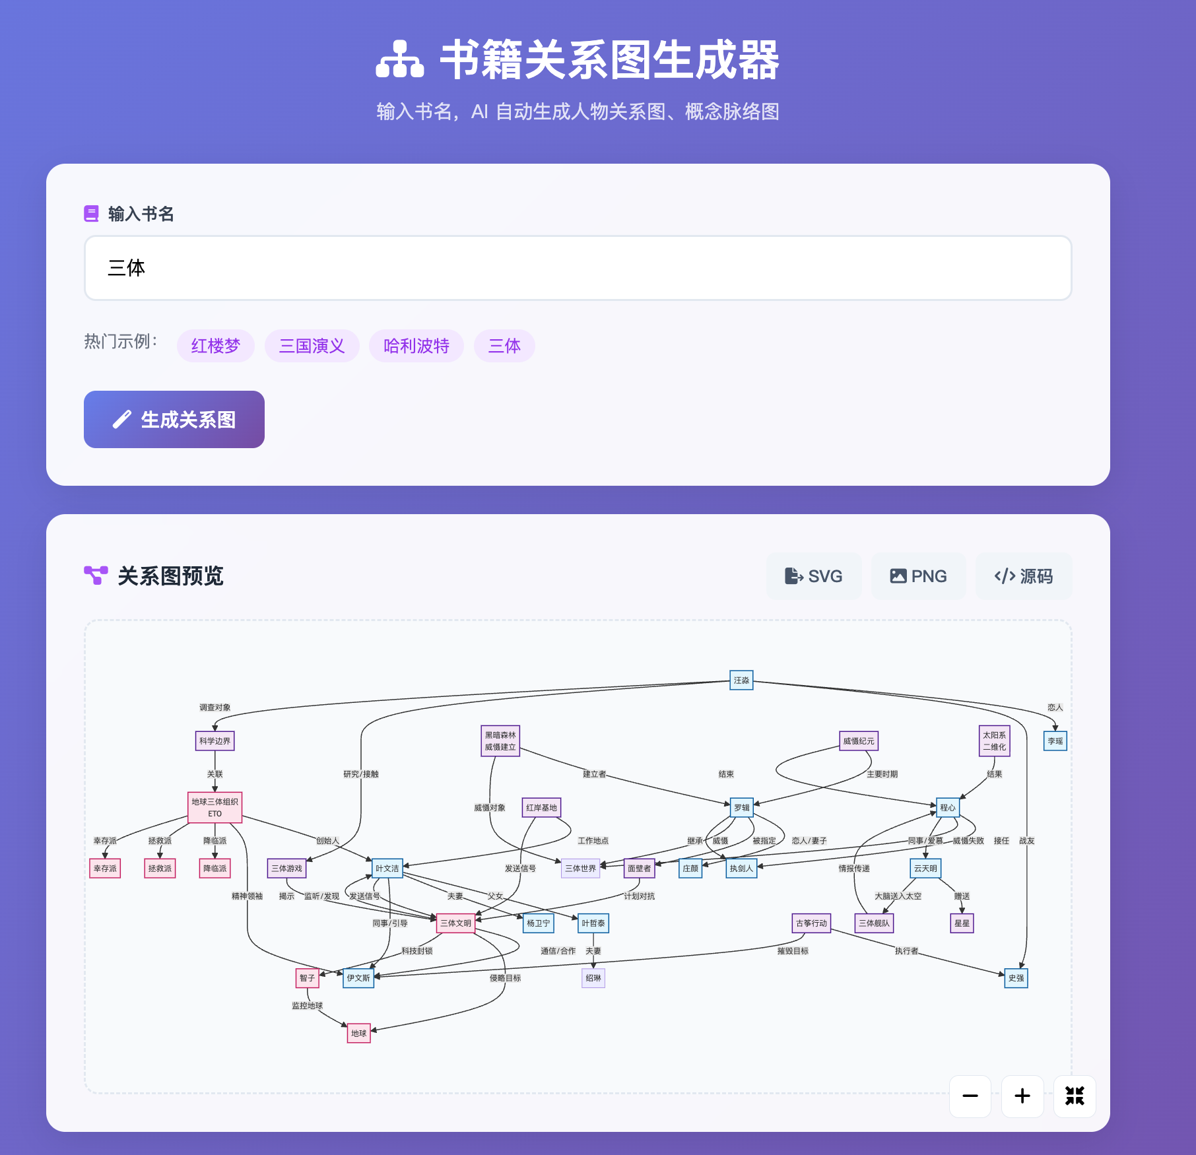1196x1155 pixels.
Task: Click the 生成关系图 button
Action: coord(174,420)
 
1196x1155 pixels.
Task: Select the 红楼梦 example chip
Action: coord(216,346)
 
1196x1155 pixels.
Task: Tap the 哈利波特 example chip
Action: coord(416,346)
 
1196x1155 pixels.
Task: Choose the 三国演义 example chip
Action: coord(312,346)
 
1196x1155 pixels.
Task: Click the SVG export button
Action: coord(814,576)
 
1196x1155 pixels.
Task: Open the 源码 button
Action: coord(1024,576)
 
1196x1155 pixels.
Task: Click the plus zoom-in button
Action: coord(1022,1096)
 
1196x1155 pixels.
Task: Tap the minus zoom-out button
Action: coord(970,1096)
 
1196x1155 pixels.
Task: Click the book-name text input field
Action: coord(578,268)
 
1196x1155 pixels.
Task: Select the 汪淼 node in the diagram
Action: coord(741,680)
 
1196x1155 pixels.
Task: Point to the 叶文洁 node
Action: coord(387,868)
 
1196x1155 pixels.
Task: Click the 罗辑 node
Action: coord(742,807)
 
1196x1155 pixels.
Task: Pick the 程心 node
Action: coord(948,807)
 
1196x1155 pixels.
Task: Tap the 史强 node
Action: coord(1016,978)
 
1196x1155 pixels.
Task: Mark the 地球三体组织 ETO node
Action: coord(215,807)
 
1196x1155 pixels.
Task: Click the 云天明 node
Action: coord(925,868)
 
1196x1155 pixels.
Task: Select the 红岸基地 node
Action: coord(541,807)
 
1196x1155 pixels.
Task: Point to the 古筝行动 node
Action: coord(811,923)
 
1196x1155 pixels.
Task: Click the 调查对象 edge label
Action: coord(215,708)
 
